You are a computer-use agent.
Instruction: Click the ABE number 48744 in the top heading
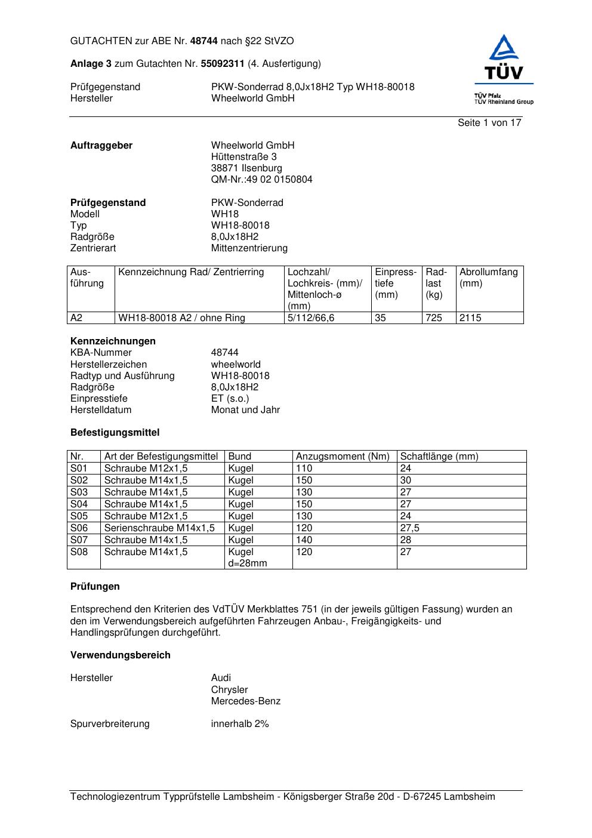[x=204, y=41]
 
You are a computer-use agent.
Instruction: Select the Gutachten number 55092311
[x=223, y=64]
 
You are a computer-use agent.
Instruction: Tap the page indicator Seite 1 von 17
[x=489, y=123]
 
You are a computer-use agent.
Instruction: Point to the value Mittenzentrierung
[x=249, y=248]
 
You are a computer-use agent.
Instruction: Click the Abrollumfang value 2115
[x=470, y=318]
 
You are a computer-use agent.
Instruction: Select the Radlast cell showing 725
[x=434, y=318]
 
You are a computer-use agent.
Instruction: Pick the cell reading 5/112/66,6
[x=311, y=318]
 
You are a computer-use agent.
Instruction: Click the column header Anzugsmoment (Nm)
[x=343, y=457]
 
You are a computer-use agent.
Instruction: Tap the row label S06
[x=79, y=528]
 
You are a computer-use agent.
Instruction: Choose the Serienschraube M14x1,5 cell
[x=159, y=528]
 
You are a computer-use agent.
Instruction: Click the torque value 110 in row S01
[x=304, y=469]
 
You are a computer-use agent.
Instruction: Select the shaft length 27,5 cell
[x=409, y=528]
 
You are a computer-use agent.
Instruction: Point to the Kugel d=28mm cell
[x=248, y=557]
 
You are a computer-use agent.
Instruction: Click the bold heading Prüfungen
[x=95, y=587]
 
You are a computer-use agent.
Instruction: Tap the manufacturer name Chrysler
[x=229, y=690]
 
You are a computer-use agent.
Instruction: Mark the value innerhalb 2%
[x=240, y=724]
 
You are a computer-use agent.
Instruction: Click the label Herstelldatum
[x=101, y=410]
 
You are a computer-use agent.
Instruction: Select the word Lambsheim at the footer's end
[x=469, y=797]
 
